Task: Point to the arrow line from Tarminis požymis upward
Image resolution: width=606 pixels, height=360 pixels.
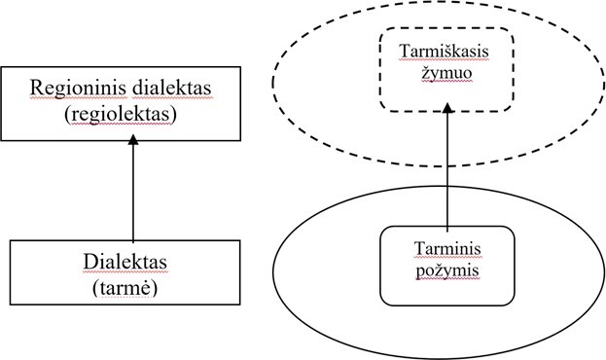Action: click(x=447, y=170)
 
